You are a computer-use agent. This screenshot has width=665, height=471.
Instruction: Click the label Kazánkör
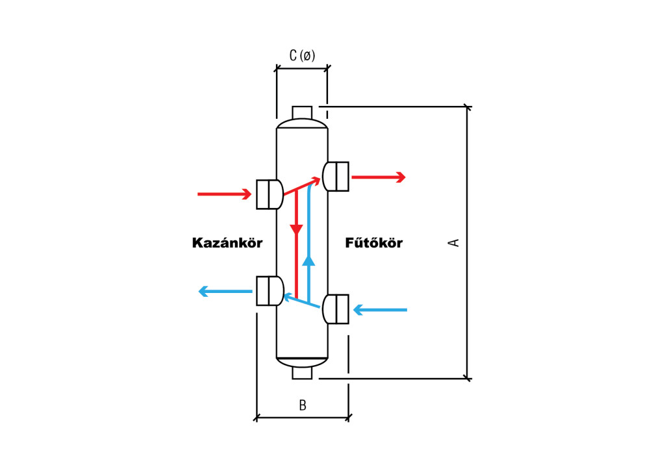(227, 243)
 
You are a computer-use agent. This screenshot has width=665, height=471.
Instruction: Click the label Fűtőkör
(373, 243)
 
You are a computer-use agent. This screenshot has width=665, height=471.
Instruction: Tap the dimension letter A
(454, 242)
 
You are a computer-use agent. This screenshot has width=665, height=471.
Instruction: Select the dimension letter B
(303, 405)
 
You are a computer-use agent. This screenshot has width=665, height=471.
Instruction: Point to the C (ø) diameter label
(302, 56)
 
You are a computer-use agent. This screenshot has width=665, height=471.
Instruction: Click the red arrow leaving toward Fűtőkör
(378, 177)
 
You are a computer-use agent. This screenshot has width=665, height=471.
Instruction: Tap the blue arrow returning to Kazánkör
(225, 292)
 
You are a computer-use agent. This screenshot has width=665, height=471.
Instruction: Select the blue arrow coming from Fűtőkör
(380, 310)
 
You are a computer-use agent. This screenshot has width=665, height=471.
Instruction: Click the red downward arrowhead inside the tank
(296, 229)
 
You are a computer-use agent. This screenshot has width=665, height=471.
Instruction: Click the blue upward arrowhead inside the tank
(308, 260)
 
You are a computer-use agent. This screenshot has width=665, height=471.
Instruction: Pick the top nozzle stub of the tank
(302, 112)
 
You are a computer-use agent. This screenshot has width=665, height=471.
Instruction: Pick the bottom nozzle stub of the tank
(302, 373)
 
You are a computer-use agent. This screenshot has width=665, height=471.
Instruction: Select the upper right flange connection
(336, 177)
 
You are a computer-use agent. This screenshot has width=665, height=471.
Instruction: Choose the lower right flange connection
(336, 309)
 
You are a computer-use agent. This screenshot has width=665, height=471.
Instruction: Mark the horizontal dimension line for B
(303, 418)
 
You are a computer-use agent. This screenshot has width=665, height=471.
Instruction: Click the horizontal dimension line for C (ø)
(302, 68)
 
